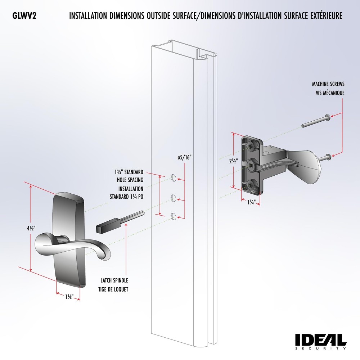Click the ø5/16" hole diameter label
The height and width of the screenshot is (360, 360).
(184, 157)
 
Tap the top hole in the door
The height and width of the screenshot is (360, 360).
(174, 177)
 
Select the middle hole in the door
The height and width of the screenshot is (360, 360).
(174, 197)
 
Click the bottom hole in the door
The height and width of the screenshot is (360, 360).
(174, 216)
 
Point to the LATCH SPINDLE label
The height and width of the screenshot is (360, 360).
(114, 280)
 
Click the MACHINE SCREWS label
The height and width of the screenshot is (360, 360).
(328, 84)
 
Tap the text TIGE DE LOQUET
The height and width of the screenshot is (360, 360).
(114, 289)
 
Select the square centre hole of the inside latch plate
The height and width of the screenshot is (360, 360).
(251, 165)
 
